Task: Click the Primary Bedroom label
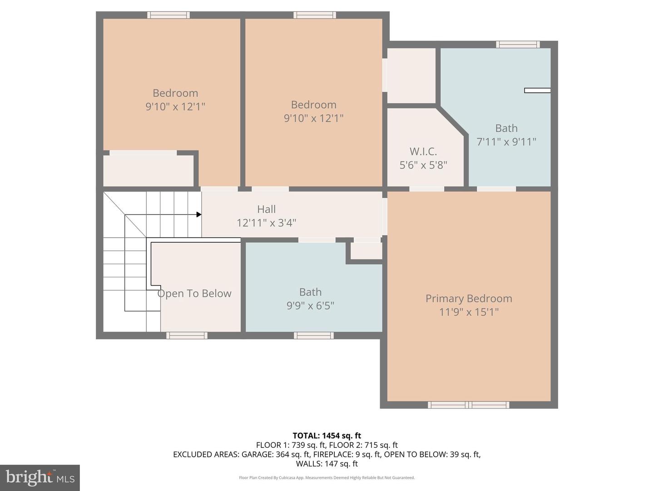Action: point(468,299)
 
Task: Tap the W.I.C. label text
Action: point(423,151)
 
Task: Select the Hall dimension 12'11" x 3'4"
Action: point(266,223)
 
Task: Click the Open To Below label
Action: point(194,294)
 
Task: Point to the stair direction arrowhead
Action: point(199,215)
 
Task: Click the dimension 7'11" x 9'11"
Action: point(506,142)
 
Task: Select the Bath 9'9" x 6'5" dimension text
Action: point(310,306)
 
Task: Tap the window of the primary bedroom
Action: point(469,405)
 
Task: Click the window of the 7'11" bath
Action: point(518,44)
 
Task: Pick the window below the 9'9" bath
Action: point(314,336)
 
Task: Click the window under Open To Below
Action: point(187,336)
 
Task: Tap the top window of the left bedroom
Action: point(168,15)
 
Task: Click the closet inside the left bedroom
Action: point(148,170)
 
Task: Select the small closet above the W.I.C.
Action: point(411,75)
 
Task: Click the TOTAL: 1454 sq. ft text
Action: point(327,436)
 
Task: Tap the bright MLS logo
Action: point(40,477)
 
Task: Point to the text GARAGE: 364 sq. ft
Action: point(275,454)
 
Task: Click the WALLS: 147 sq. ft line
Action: point(327,464)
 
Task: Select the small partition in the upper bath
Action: point(537,90)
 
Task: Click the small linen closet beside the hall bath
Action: point(366,251)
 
